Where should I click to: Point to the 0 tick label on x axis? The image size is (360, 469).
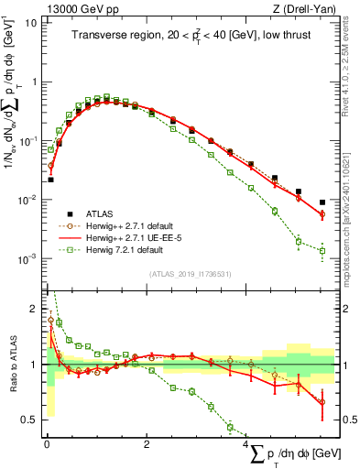tap(47, 443)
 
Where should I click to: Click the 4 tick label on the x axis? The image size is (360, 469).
tap(247, 443)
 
